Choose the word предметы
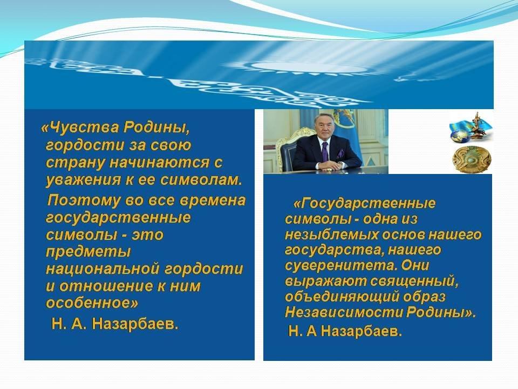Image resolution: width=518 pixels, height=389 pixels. tap(88, 252)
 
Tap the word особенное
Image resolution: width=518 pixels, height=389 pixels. tap(88, 303)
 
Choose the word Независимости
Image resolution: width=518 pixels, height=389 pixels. tap(344, 312)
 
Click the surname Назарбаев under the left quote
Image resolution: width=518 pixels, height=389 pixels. tap(135, 325)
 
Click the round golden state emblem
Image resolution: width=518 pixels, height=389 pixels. tap(472, 160)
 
